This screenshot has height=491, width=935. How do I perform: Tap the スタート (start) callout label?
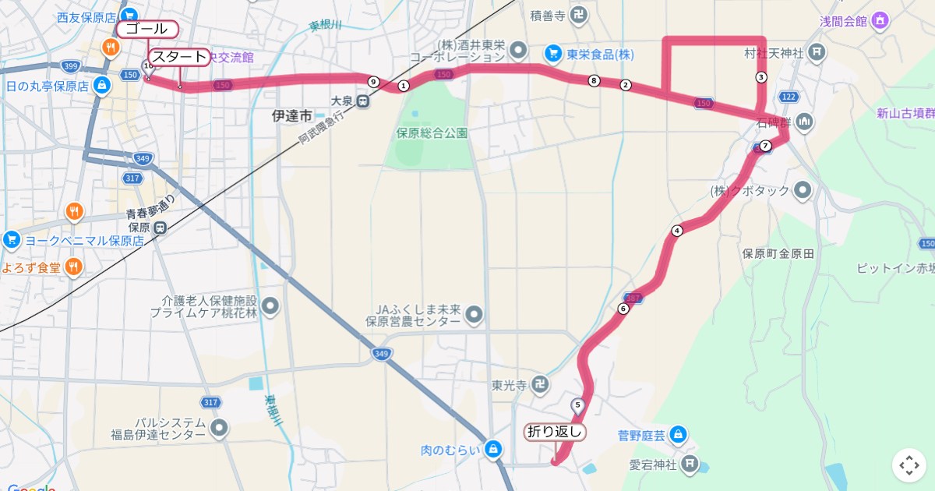[179, 57]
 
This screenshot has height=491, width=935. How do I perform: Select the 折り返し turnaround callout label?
[555, 432]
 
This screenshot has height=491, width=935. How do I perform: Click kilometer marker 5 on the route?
[577, 404]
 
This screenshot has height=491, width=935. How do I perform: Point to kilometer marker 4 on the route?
[676, 231]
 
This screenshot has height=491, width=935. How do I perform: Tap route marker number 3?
[761, 77]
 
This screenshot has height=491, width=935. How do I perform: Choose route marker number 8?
[595, 80]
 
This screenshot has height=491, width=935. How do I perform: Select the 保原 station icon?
[160, 228]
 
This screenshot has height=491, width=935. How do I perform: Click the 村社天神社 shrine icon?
[816, 53]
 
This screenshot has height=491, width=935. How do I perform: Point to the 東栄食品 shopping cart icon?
[552, 54]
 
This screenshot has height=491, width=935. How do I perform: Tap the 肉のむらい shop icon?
[492, 449]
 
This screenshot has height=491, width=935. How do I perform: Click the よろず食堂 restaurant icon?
[73, 267]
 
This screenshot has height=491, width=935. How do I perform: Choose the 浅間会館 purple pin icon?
[880, 20]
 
